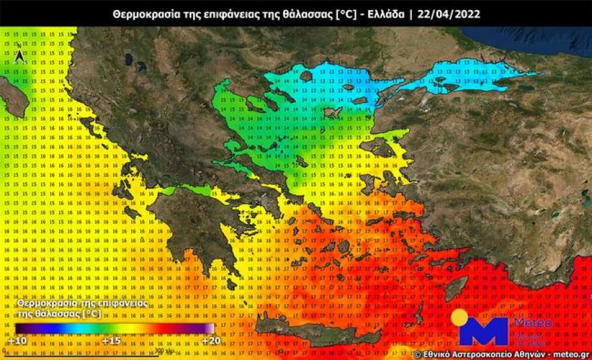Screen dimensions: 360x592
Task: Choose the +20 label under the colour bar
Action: pos(210,340)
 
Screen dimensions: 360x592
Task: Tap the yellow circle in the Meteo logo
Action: pos(460,318)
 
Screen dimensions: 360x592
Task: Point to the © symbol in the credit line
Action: pos(418,353)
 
